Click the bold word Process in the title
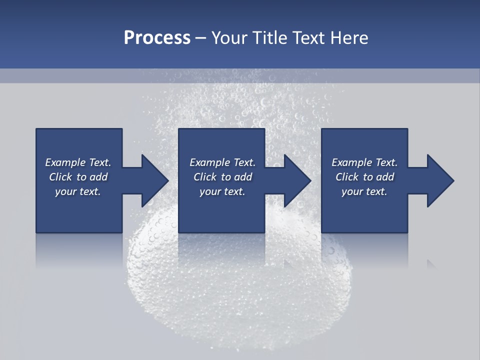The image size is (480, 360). click(x=157, y=38)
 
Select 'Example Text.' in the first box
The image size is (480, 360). click(x=78, y=162)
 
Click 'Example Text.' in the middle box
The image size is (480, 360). click(x=222, y=162)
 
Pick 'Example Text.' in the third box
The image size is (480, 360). click(x=364, y=162)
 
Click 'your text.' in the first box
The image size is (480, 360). click(x=78, y=191)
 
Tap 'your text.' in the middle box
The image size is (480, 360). click(x=222, y=191)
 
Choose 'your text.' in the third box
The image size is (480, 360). click(x=364, y=191)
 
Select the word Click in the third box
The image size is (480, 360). click(x=347, y=177)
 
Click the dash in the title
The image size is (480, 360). click(x=201, y=38)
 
